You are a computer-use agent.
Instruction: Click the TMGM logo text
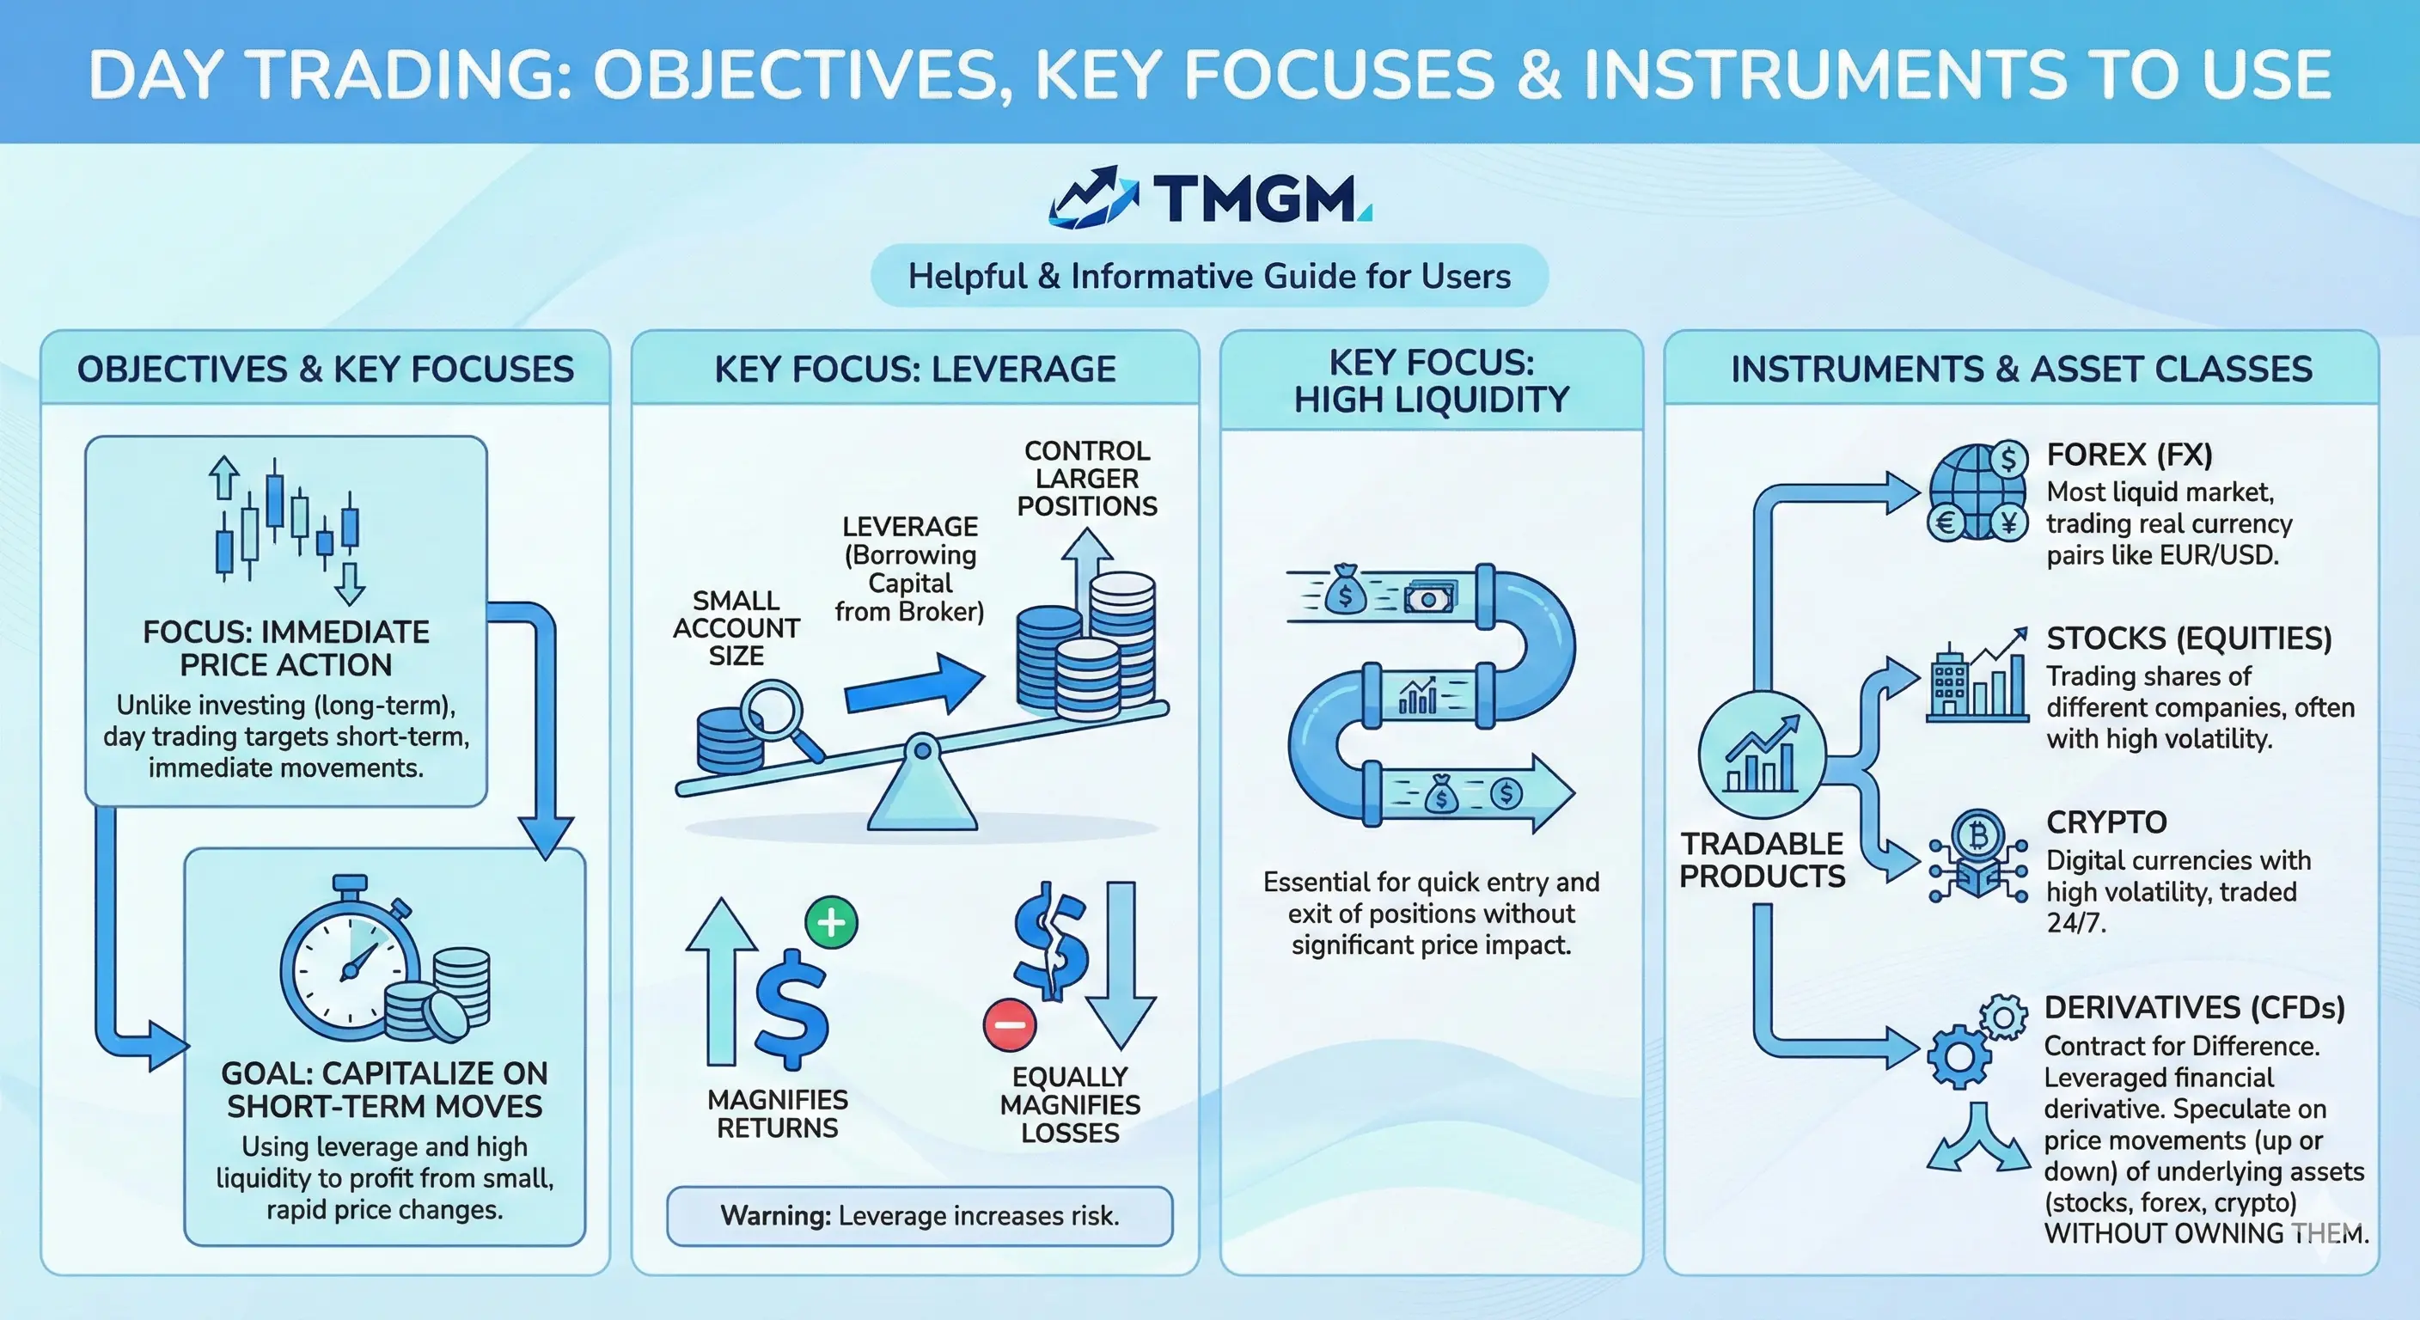click(x=1257, y=199)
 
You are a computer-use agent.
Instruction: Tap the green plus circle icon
click(x=831, y=923)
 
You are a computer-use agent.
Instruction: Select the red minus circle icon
click(x=1009, y=1024)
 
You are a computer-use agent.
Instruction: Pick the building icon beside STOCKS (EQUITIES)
click(x=1948, y=686)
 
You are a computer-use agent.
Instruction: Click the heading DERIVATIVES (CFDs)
click(x=2194, y=1007)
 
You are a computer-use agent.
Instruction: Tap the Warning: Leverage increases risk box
click(x=919, y=1216)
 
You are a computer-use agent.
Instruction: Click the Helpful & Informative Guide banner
click(x=1209, y=276)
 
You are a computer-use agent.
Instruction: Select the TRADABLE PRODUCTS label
click(x=1763, y=859)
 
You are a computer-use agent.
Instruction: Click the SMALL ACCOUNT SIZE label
click(x=736, y=627)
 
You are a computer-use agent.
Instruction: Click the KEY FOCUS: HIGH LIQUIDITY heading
click(x=1431, y=382)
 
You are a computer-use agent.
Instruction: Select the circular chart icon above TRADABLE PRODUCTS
click(x=1763, y=755)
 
